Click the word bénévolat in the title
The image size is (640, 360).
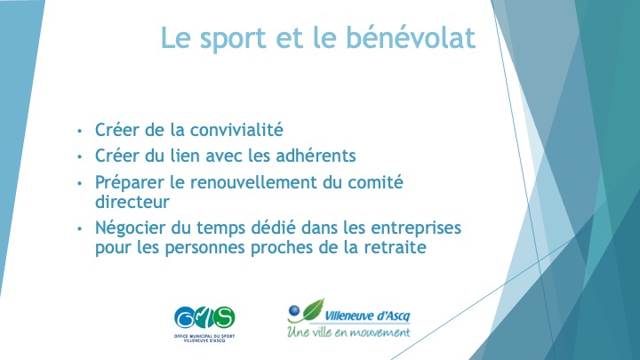point(411,37)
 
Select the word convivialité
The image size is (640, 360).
point(236,130)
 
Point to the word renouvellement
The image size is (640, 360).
point(253,182)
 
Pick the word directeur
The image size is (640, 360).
point(132,202)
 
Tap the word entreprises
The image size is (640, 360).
point(416,228)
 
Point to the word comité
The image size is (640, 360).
point(375,182)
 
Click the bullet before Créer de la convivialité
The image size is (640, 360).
point(80,131)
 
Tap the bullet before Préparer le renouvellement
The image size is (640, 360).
point(80,183)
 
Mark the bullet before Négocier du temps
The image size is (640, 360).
point(80,228)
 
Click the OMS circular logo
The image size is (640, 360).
point(204,317)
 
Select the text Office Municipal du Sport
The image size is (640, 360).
point(204,336)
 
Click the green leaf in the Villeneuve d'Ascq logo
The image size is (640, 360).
point(314,310)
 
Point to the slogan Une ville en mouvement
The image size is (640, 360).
point(348,332)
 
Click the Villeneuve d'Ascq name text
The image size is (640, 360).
point(367,316)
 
